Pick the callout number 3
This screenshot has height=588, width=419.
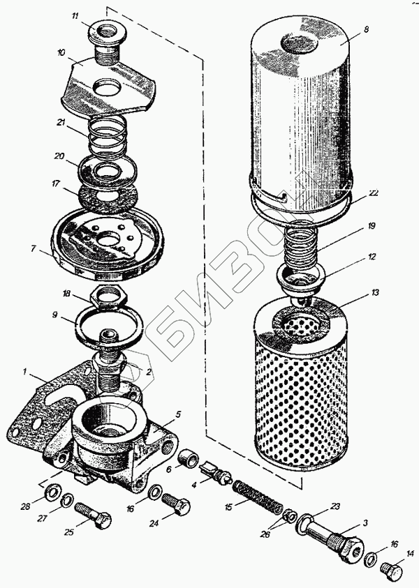click(364, 522)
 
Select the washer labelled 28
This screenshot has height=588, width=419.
click(52, 494)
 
